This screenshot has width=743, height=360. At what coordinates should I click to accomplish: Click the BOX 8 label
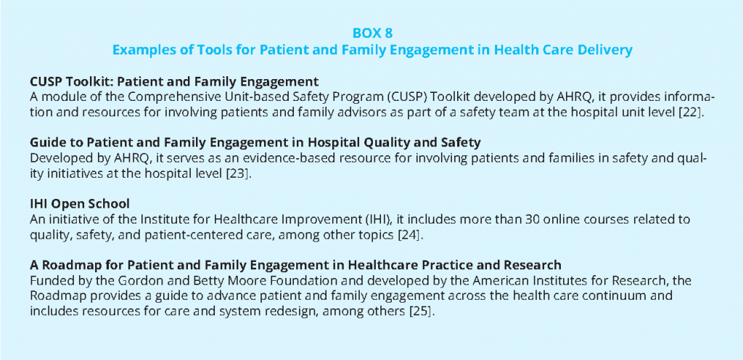pyautogui.click(x=372, y=33)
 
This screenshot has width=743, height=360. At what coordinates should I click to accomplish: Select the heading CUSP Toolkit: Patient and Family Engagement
pyautogui.click(x=174, y=81)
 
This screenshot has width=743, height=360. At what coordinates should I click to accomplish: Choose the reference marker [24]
pyautogui.click(x=409, y=235)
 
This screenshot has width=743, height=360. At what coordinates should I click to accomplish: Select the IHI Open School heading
pyautogui.click(x=79, y=204)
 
